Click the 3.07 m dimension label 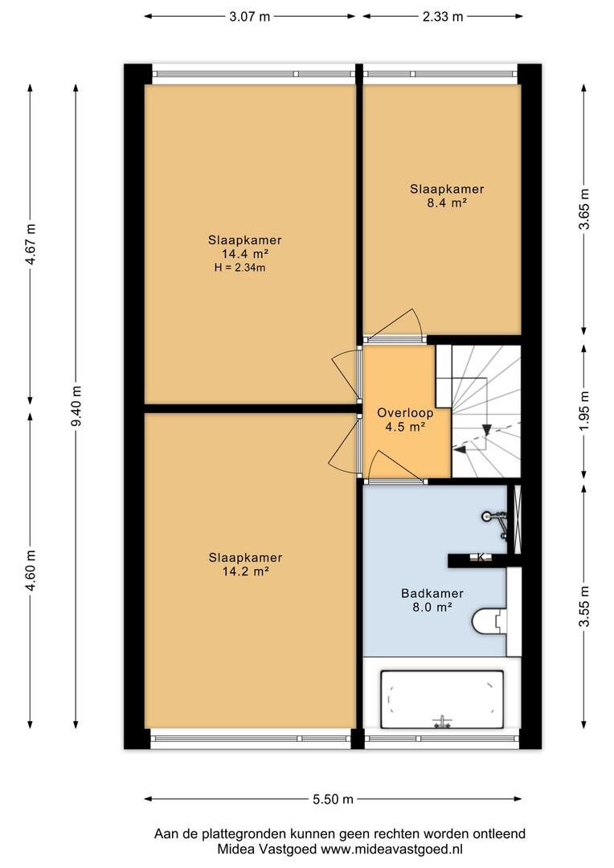250,17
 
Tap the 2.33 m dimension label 443,17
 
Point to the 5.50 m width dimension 333,799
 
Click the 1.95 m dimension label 584,411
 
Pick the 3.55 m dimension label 584,607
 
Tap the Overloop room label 405,413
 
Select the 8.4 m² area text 447,203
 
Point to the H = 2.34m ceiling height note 239,268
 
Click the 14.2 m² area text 245,571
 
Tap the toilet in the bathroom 489,621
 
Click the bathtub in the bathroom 442,699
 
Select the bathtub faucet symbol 442,721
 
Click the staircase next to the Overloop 486,411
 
